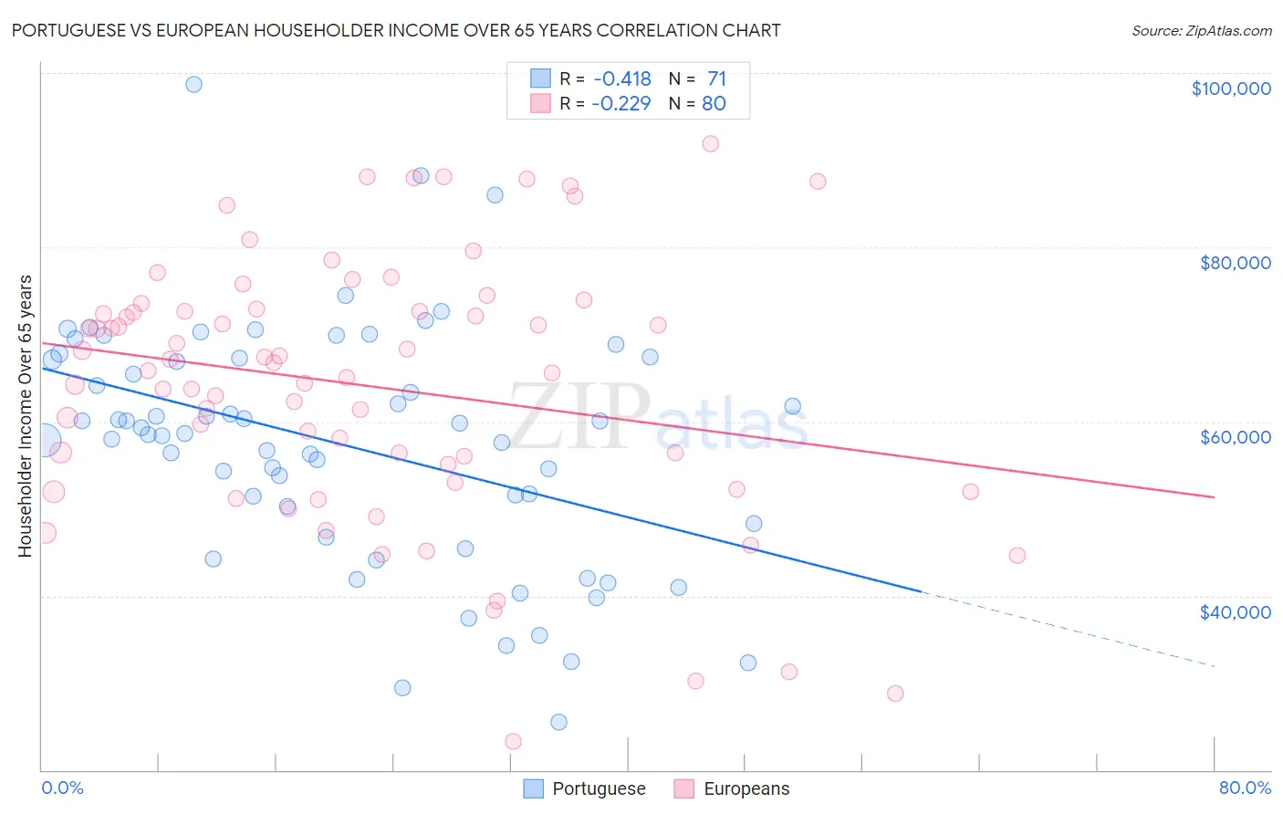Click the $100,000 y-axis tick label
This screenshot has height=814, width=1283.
pos(1230,89)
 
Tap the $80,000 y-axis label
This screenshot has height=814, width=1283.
pos(1235,263)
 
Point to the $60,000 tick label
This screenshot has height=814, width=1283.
pos(1235,437)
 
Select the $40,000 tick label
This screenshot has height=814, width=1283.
pos(1235,612)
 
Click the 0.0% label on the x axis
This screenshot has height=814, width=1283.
pos(62,788)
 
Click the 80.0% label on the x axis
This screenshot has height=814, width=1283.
pos(1244,788)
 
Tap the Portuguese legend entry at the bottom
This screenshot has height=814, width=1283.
pos(585,788)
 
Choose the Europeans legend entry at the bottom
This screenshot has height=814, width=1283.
pos(733,788)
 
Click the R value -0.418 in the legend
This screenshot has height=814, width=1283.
pos(621,79)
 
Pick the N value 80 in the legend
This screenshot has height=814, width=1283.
pos(714,104)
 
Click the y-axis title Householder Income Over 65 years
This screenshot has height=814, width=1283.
pos(25,415)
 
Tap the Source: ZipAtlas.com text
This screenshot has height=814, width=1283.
pos(1201,31)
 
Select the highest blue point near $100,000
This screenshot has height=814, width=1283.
pos(193,84)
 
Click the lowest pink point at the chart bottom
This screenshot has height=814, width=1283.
pos(513,742)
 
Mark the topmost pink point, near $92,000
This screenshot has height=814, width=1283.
pos(710,143)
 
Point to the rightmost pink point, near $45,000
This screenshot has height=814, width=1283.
pos(1017,555)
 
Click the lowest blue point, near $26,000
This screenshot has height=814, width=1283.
pos(558,722)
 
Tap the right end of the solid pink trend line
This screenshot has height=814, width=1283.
pos(1214,496)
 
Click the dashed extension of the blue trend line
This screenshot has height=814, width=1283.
pos(1068,629)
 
